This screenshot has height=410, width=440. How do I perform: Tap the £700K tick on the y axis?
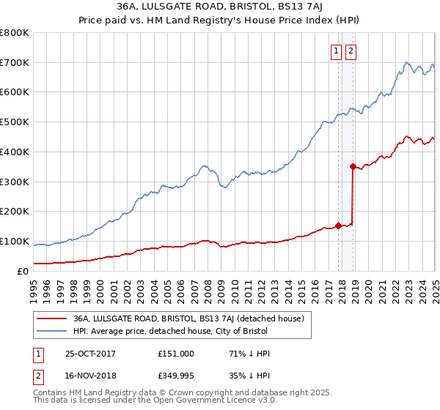point(15,62)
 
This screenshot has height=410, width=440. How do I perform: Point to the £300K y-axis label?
point(15,182)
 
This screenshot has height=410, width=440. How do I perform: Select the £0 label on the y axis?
point(22,271)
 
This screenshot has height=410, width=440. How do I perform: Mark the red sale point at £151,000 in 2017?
point(338,225)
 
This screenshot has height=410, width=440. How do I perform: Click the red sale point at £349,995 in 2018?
point(353,166)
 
